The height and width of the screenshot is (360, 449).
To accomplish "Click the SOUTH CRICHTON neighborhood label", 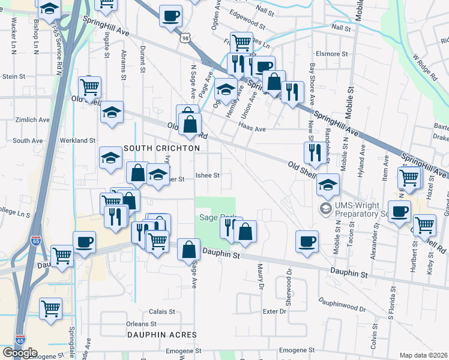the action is pyautogui.click(x=161, y=148).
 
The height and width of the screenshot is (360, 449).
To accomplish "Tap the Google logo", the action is pyautogui.click(x=20, y=353).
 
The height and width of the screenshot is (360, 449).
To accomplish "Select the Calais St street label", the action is pyautogui.click(x=161, y=312).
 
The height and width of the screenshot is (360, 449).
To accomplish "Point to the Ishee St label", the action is pyautogui.click(x=208, y=176).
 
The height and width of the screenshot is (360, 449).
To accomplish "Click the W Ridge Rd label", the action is pyautogui.click(x=424, y=67).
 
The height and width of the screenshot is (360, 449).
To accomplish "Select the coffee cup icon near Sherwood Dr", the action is pyautogui.click(x=307, y=241).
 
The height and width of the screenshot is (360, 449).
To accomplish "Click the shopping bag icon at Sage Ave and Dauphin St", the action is pyautogui.click(x=188, y=249).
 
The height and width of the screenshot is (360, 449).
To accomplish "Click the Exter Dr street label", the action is pyautogui.click(x=274, y=311).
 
